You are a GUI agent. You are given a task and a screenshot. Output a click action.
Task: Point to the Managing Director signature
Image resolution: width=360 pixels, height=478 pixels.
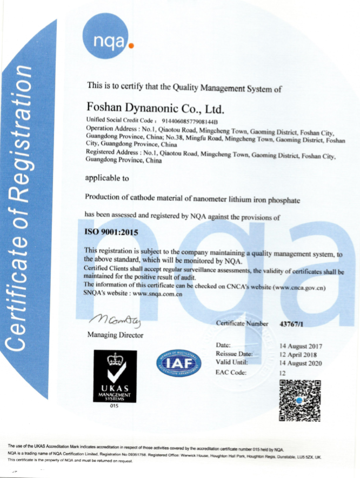(114, 322)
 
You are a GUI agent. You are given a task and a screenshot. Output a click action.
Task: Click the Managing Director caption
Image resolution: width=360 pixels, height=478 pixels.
(115, 335)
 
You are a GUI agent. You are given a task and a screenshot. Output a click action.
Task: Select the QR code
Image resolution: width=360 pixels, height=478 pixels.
(300, 400)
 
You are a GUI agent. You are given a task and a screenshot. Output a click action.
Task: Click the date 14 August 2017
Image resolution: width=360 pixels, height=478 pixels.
(301, 346)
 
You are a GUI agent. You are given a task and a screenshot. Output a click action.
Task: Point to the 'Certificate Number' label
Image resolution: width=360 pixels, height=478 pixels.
(242, 323)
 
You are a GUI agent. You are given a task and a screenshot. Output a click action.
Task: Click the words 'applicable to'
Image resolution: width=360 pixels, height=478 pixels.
(108, 177)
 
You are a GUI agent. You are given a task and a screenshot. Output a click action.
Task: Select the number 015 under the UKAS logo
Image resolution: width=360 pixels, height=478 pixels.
(114, 405)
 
